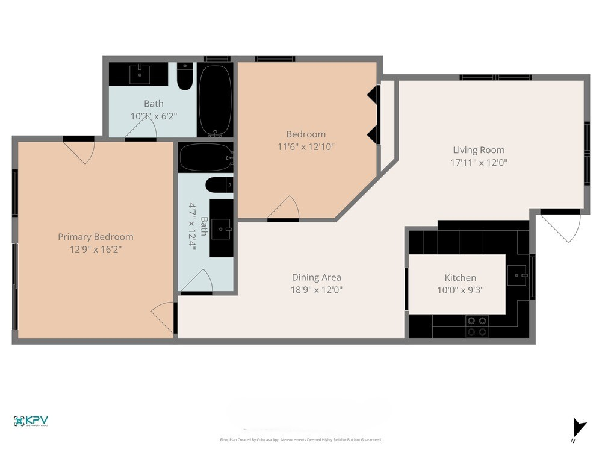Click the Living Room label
[x=479, y=150]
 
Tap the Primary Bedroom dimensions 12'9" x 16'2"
[x=95, y=249]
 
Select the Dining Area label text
[x=316, y=277]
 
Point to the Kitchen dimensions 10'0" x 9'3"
[x=461, y=289]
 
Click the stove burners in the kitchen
[x=477, y=326]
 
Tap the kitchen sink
[x=518, y=275]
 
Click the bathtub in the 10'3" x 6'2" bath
[x=214, y=99]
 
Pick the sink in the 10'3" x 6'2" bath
[x=141, y=74]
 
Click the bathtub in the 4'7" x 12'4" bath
[x=205, y=158]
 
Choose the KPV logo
[x=31, y=421]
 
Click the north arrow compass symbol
[x=579, y=428]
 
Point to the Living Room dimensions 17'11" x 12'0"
[x=479, y=162]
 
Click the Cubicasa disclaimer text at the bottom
[x=301, y=440]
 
